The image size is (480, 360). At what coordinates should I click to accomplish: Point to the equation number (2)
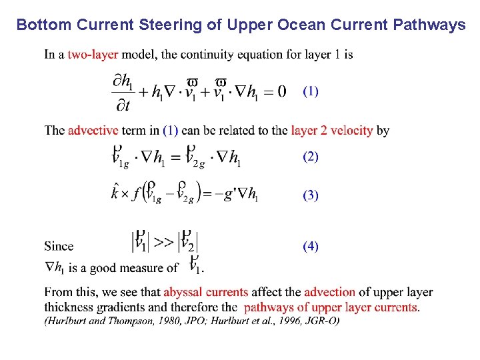pos(311,157)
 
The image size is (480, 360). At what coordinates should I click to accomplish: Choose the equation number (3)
pos(311,195)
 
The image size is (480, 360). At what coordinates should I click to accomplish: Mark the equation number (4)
pos(311,246)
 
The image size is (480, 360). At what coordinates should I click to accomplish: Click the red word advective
pos(93,130)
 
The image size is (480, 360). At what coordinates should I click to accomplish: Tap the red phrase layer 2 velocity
pos(331,130)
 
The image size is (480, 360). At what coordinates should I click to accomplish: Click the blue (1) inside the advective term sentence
pos(171,130)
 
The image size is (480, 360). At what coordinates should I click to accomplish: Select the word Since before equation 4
pos(59,246)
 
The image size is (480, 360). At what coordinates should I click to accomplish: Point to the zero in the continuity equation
pos(281,91)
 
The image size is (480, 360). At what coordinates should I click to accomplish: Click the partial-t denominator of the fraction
pos(122,105)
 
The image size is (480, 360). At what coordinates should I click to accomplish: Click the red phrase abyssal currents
pos(205,292)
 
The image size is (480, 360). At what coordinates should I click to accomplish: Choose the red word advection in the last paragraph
pos(329,292)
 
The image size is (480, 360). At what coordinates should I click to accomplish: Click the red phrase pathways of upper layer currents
pos(331,307)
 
